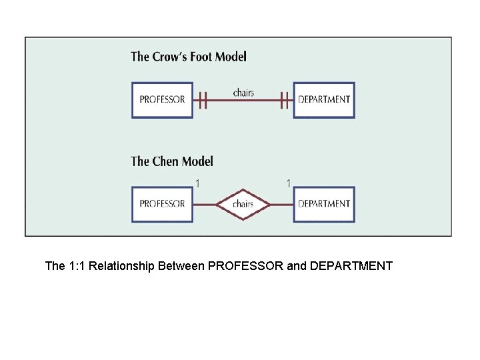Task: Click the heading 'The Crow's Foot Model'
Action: pos(189,57)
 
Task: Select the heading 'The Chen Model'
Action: pos(172,161)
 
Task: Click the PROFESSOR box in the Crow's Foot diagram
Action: pos(162,100)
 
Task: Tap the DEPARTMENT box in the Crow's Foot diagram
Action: pos(324,100)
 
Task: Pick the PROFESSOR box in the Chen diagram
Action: pos(162,204)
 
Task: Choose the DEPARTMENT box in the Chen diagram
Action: pos(324,204)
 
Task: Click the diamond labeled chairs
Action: pos(243,204)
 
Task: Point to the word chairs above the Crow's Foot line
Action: pos(243,93)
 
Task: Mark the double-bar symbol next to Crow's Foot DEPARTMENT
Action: pos(285,101)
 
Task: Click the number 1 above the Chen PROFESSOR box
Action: pos(198,183)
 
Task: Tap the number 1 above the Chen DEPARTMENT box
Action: pos(288,183)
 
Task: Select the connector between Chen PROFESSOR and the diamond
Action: pos(205,204)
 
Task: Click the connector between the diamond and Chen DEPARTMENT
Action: pos(282,204)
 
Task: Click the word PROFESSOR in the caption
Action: pos(245,267)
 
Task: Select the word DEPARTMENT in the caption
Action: pos(351,267)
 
